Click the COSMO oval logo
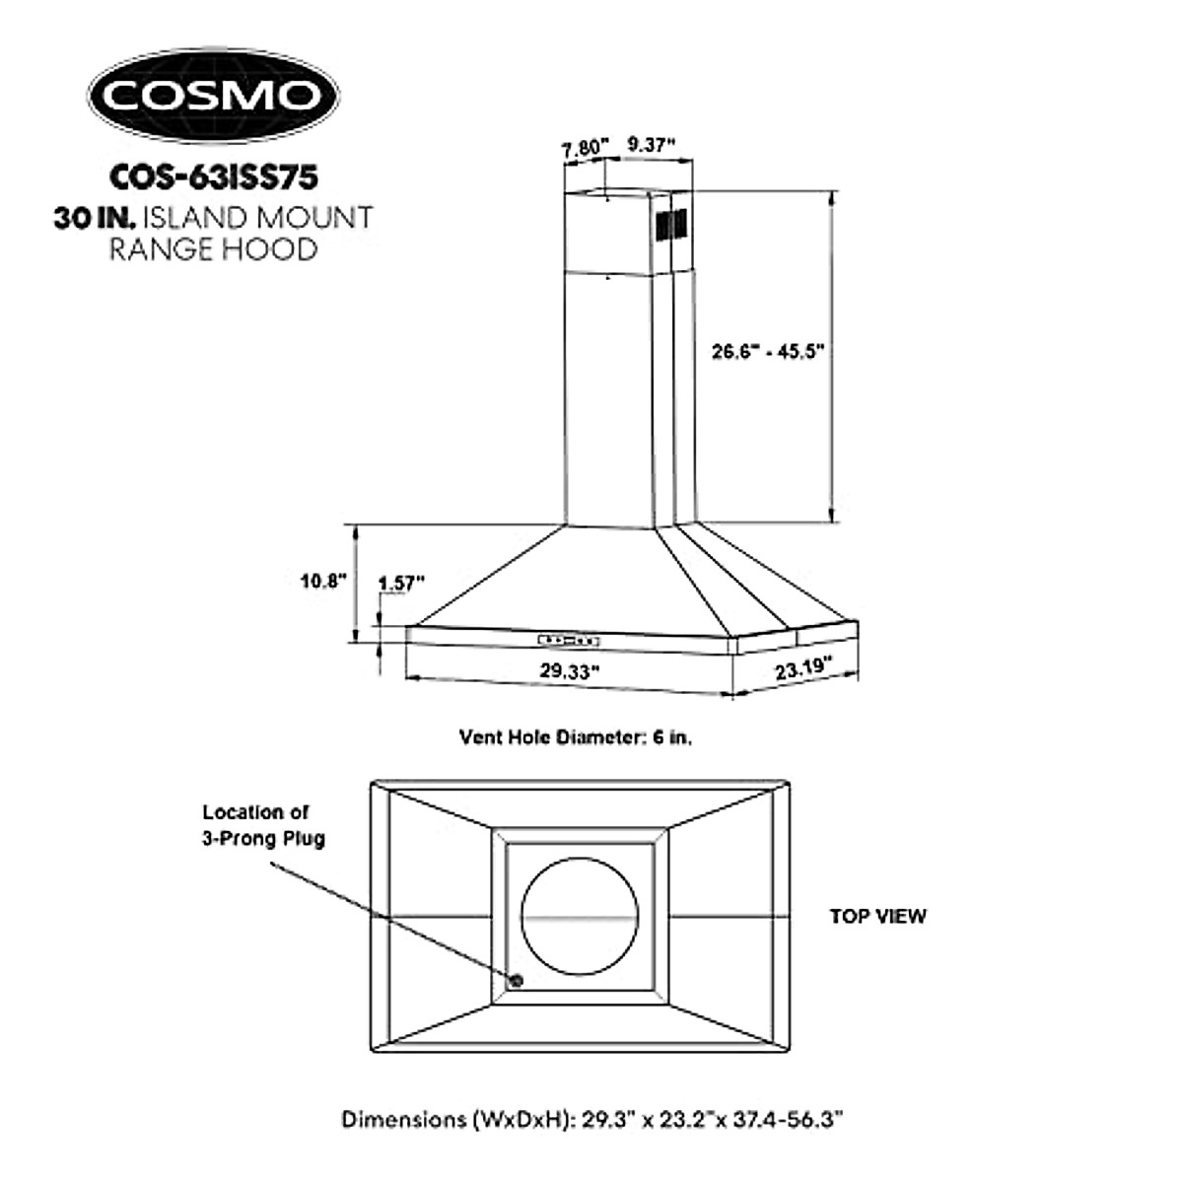(x=213, y=96)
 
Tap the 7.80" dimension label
(x=586, y=150)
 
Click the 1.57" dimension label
(x=400, y=583)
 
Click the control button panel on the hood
(x=569, y=640)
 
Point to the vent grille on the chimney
(x=671, y=225)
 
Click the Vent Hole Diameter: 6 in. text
(x=576, y=737)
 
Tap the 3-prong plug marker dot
(x=515, y=980)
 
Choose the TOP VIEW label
(x=877, y=916)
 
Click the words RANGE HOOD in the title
(x=213, y=249)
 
